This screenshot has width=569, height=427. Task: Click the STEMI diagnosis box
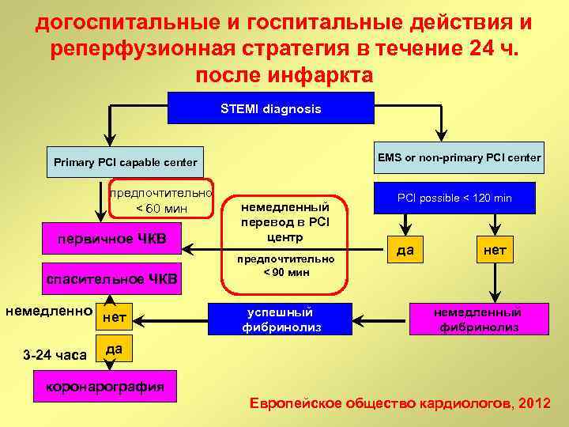[271, 108]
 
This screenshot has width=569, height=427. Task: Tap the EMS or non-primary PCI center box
[459, 157]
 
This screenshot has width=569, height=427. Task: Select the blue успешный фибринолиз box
[277, 319]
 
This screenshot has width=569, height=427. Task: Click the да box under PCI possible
[405, 251]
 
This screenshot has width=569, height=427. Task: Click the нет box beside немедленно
[115, 318]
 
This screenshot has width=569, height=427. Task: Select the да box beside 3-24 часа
[113, 348]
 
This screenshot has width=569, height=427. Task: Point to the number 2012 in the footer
[533, 403]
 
